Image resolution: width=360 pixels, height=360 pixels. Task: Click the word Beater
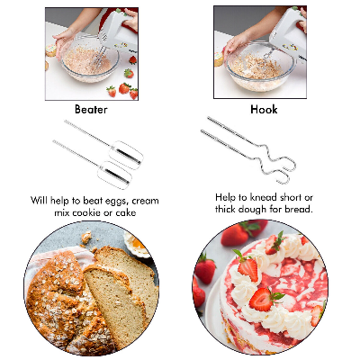91,109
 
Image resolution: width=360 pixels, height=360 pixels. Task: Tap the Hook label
264,109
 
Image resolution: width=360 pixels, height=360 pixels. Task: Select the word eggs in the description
114,201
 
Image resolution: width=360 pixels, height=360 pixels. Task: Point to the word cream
145,201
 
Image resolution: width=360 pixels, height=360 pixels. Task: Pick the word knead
264,197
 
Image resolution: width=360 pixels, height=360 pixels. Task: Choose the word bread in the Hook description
299,209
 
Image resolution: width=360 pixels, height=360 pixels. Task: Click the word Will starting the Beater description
40,201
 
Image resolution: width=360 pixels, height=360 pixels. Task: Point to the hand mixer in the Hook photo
288,33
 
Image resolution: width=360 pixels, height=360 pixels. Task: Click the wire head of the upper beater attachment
126,155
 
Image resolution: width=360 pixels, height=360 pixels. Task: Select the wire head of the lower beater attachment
114,175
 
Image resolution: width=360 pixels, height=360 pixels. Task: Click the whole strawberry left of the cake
205,268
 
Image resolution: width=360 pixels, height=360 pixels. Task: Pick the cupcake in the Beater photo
51,49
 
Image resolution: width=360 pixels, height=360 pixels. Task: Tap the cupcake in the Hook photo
219,58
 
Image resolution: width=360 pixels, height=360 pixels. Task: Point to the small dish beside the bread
138,244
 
